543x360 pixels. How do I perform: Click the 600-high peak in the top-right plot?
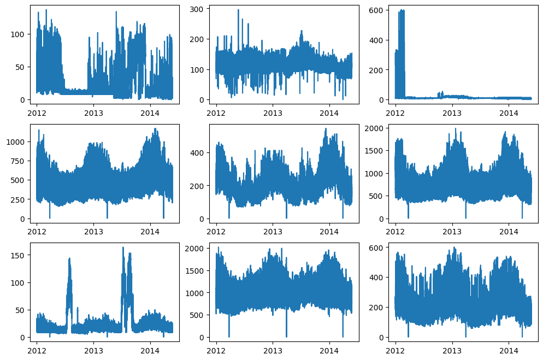coord(402,10)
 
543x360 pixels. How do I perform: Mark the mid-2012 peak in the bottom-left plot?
coord(69,258)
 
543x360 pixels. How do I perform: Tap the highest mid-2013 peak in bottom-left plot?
coord(123,247)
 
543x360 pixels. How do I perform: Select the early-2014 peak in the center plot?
coord(326,129)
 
